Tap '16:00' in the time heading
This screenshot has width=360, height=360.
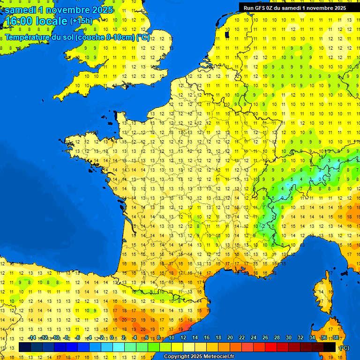[x=19, y=22]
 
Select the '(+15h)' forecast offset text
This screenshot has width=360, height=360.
[x=81, y=21]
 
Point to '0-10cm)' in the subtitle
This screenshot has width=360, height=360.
[x=120, y=37]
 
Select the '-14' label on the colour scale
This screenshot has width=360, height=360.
[x=32, y=337]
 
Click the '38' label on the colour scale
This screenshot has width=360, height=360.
[x=335, y=337]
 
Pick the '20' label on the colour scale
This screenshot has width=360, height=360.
[x=230, y=337]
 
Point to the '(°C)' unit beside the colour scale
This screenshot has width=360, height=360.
[x=344, y=348]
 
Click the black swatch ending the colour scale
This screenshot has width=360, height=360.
[x=330, y=347]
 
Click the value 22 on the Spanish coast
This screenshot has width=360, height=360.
[x=190, y=329]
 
